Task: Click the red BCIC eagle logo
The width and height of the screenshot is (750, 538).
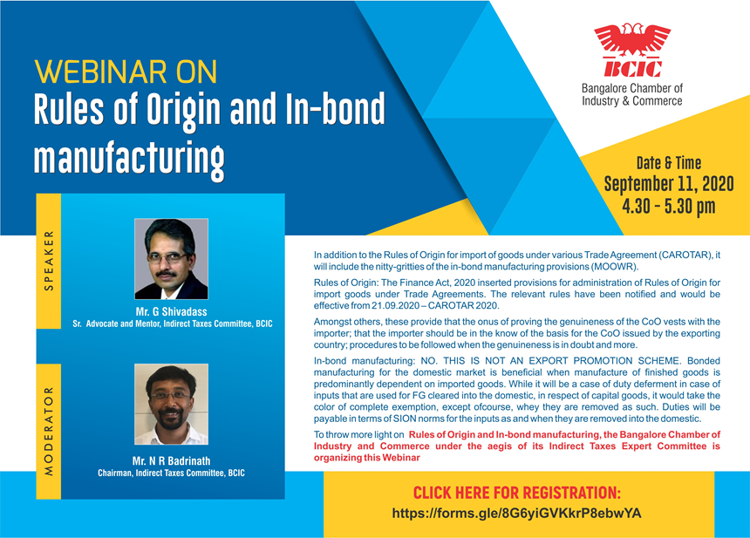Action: point(632,51)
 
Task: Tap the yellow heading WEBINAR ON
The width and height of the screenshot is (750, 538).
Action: point(126,72)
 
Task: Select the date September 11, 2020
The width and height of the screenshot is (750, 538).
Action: point(669,184)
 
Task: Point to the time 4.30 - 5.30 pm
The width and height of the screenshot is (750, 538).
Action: point(669,207)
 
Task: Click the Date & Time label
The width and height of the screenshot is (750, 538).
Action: point(669,163)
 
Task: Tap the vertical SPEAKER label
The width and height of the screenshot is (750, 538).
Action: point(49,261)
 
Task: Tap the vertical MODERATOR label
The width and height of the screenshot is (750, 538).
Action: point(49,431)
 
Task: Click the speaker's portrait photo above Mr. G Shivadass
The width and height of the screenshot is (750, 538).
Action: point(171,259)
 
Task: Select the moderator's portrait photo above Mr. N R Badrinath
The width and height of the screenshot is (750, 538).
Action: point(171,404)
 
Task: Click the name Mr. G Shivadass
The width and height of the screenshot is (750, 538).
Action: point(171,312)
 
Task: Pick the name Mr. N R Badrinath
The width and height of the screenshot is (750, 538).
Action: point(171,461)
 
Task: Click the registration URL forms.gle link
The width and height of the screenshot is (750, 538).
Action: point(516,514)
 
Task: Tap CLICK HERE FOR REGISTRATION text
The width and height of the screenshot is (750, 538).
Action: point(516,493)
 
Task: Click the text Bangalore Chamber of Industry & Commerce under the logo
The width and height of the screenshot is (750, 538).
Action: point(632,95)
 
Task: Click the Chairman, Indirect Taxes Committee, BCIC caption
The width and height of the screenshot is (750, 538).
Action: point(171,473)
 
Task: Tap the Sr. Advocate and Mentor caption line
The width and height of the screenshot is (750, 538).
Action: point(173,323)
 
